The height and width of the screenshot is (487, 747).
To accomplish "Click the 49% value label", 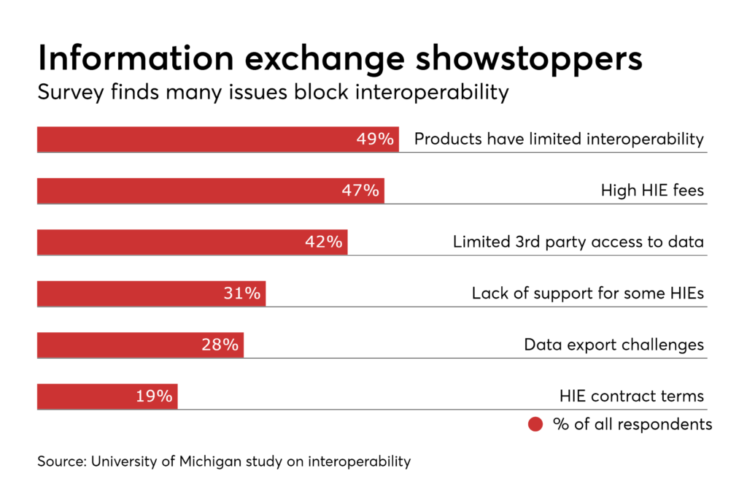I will pos(375,139).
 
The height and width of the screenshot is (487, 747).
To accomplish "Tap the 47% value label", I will pos(360,191).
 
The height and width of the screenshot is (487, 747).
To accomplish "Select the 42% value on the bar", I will pos(324,242).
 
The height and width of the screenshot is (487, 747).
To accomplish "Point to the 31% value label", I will pos(241,294).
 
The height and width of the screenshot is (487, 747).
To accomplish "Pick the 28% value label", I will pos(220,345).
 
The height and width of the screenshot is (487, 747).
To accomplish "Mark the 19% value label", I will pos(154,396).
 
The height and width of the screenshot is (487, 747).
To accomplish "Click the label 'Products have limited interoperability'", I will pos(559,139).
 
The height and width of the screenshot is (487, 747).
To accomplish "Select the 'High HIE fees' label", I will pos(652,191).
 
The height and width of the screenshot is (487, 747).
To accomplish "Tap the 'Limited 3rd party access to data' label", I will pos(578,242).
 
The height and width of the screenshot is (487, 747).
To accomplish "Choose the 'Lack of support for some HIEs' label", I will pos(587,294).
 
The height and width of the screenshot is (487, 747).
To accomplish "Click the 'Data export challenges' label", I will pos(614,345).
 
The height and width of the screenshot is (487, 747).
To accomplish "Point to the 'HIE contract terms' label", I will pos(631,396).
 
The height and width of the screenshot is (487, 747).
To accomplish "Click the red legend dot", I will pos(535,424).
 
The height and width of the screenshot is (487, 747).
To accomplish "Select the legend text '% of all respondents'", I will pos(632,424).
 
